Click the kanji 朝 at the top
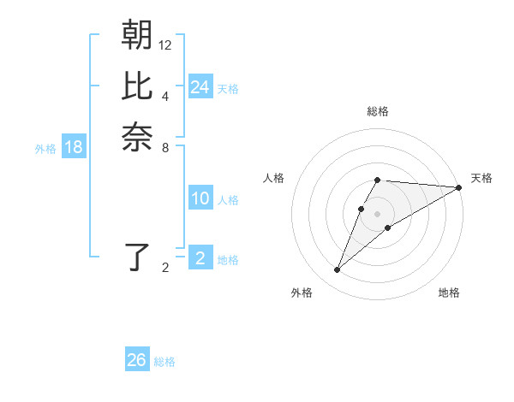tap(137, 35)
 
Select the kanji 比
tap(137, 86)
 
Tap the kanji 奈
tap(137, 138)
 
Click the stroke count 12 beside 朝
tap(165, 44)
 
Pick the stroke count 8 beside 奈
tap(165, 147)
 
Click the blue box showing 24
tap(200, 87)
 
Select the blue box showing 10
tap(200, 198)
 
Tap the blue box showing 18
tap(74, 147)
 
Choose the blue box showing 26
tap(137, 360)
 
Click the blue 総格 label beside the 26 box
tap(164, 362)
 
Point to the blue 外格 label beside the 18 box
tap(45, 149)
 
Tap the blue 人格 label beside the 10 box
tap(228, 200)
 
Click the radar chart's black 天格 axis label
tap(481, 178)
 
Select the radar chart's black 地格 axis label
tap(449, 293)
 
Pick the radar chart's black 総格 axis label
tap(378, 112)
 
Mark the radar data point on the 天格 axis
tap(459, 187)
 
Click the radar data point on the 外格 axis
tap(338, 270)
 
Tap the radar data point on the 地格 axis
tap(388, 227)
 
